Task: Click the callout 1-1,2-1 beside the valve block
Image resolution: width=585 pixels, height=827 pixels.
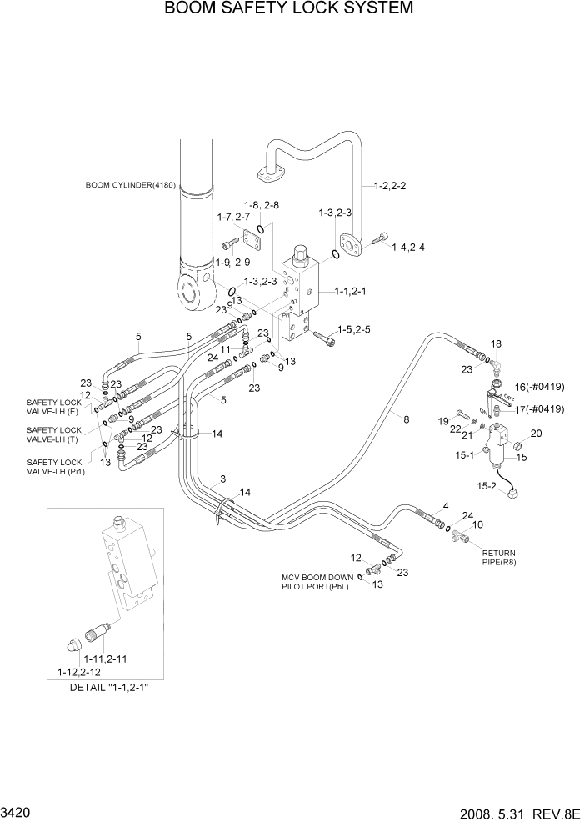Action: [352, 292]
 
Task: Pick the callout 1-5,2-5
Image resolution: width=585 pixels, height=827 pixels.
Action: [354, 330]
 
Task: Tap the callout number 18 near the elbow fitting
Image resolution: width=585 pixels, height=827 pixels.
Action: [496, 343]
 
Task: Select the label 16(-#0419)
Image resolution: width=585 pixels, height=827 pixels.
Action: [540, 387]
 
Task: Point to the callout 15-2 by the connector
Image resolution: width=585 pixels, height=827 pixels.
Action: [485, 485]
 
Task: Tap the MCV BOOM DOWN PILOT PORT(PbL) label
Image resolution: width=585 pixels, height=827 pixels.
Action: [317, 581]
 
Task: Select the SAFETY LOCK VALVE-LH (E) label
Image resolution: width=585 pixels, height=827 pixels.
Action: [54, 407]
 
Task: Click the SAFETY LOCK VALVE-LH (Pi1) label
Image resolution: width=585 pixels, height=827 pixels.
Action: [54, 467]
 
